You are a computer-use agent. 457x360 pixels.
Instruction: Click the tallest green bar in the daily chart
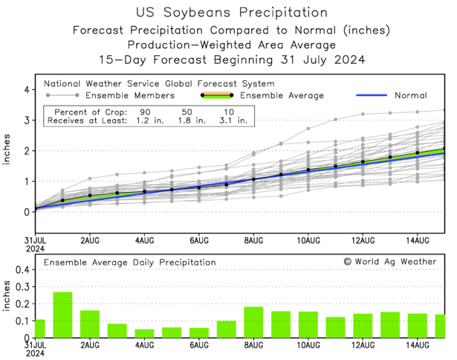(x=62, y=315)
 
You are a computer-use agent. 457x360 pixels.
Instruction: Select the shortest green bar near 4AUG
(x=144, y=333)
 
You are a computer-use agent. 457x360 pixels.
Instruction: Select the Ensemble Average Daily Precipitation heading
(x=129, y=263)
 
